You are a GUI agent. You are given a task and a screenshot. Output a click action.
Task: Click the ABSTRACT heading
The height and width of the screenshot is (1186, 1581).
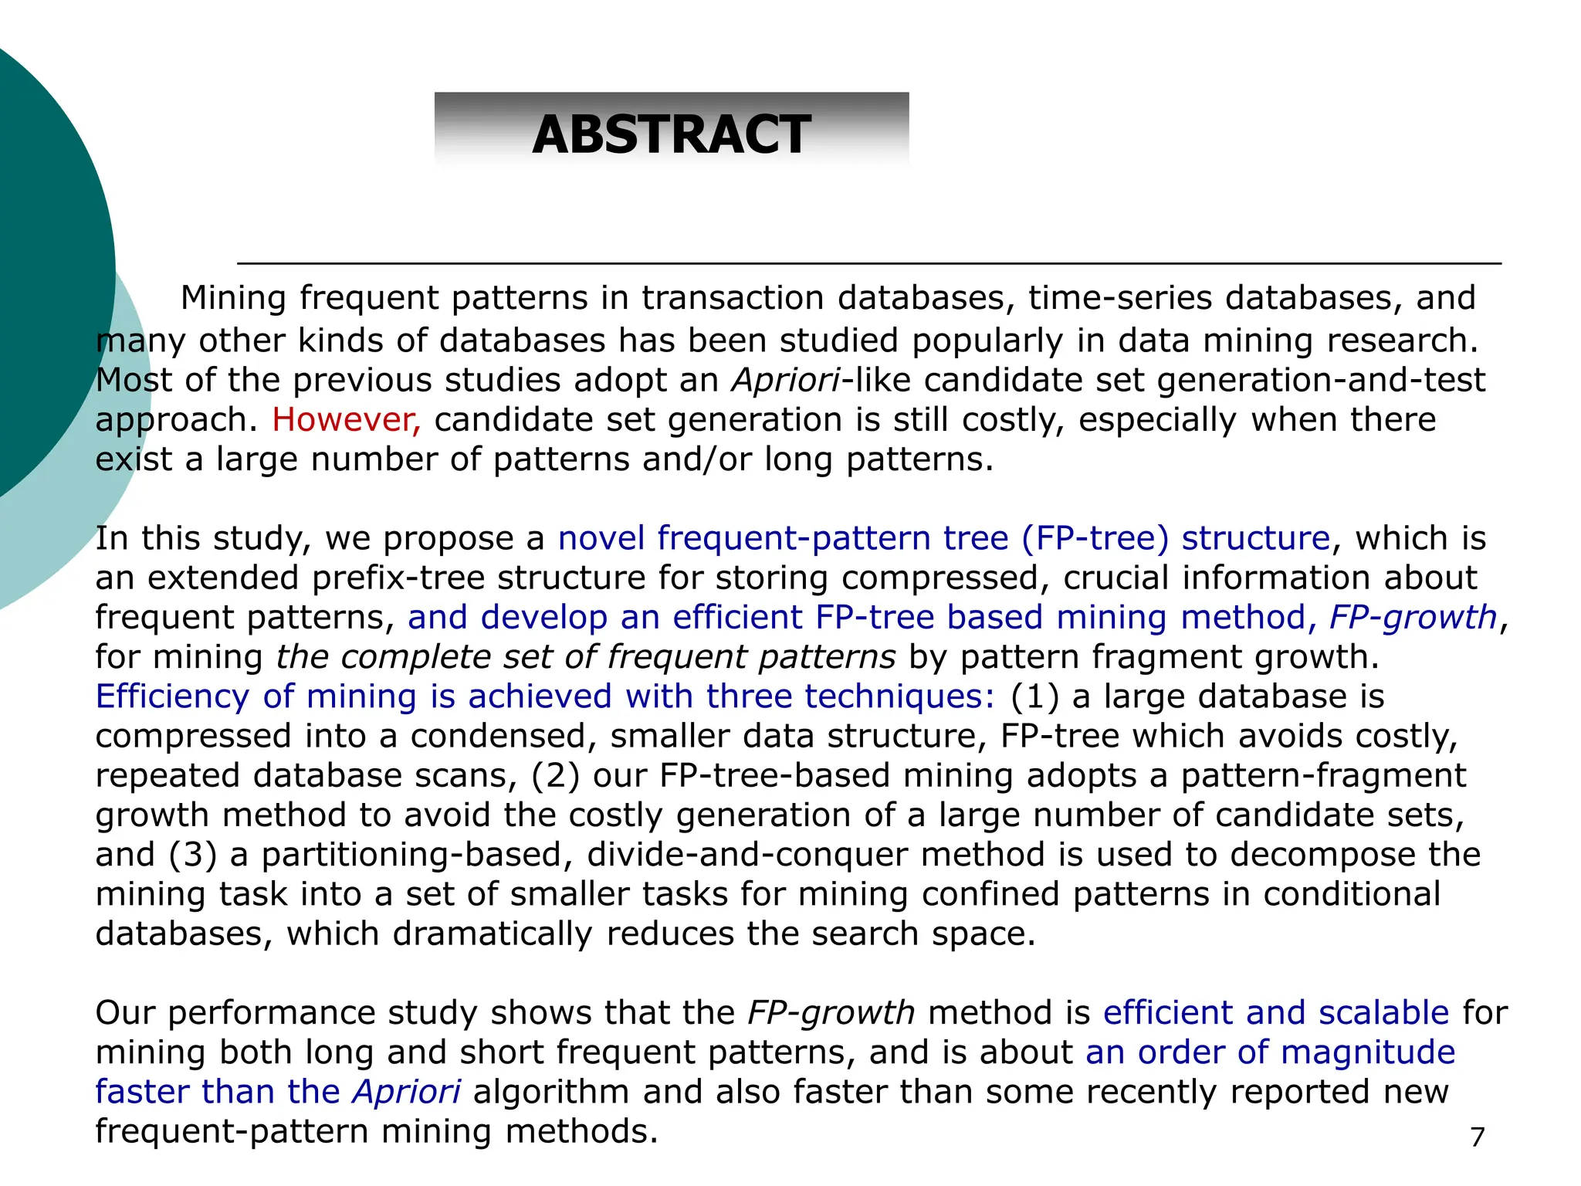pyautogui.click(x=671, y=134)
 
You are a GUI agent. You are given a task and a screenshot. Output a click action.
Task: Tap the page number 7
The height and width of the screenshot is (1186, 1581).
pyautogui.click(x=1477, y=1137)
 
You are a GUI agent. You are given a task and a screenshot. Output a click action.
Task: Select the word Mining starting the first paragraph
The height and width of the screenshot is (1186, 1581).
pyautogui.click(x=233, y=298)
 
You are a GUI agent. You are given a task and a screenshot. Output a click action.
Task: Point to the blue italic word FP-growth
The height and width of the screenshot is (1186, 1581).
pyautogui.click(x=1413, y=618)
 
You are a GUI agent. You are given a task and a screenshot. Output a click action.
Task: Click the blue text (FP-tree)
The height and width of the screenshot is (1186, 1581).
pyautogui.click(x=1095, y=538)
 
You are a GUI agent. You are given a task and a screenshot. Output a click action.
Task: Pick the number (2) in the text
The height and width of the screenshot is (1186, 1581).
pyautogui.click(x=555, y=776)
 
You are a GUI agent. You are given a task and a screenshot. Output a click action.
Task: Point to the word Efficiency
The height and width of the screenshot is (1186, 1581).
pyautogui.click(x=171, y=696)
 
